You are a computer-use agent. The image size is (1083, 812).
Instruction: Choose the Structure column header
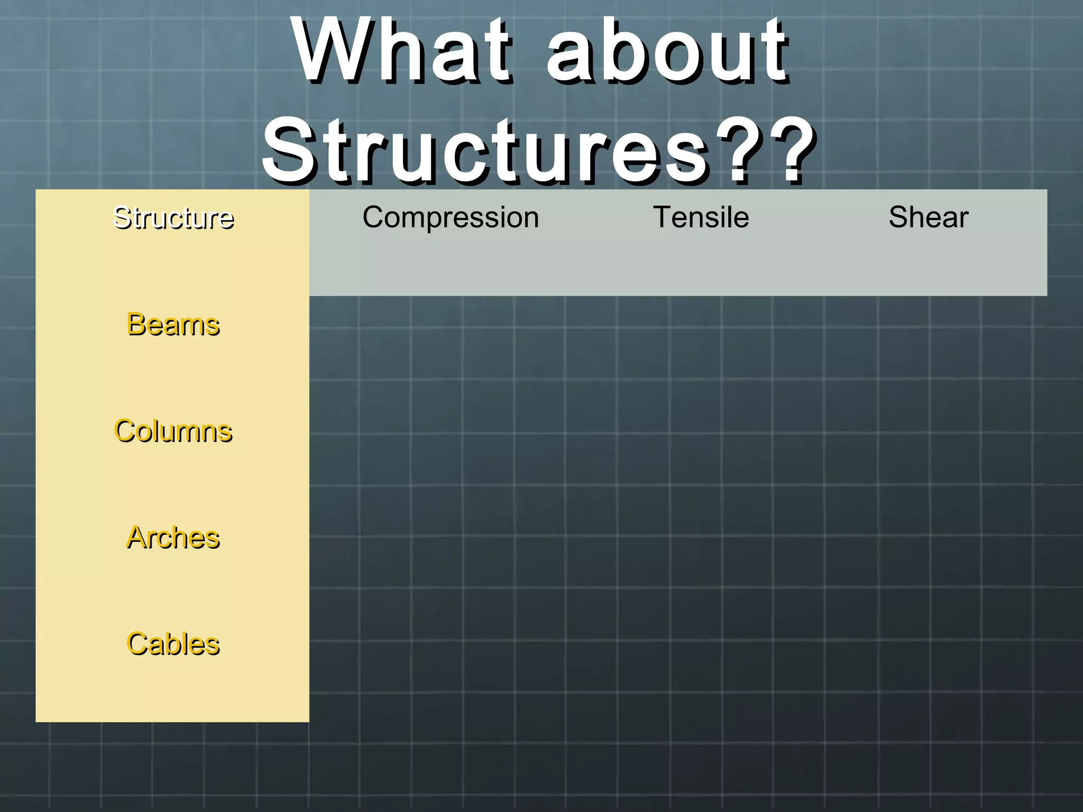[173, 217]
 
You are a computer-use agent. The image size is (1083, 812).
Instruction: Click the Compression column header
[451, 217]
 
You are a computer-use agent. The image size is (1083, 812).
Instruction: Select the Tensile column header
[701, 217]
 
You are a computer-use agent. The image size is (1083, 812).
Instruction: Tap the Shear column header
[928, 217]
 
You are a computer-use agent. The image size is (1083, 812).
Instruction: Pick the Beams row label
[173, 324]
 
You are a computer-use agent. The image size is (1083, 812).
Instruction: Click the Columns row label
[173, 431]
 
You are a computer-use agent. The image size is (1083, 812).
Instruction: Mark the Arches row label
[173, 538]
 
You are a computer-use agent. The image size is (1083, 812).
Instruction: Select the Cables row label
[173, 644]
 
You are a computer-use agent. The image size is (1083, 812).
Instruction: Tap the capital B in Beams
[136, 324]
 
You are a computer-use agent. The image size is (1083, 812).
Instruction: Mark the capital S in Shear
[898, 217]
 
